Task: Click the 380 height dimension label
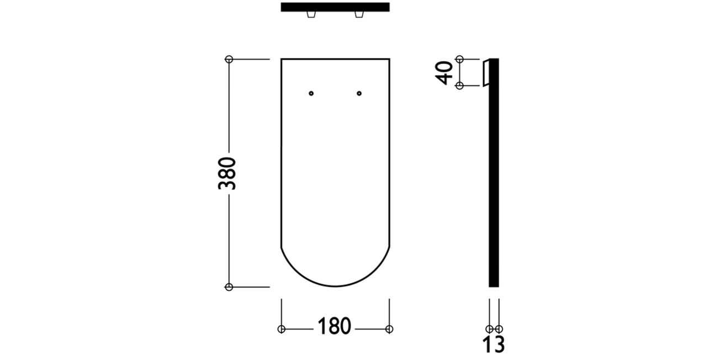click(x=227, y=173)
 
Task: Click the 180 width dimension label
click(x=334, y=326)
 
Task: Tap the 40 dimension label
click(x=444, y=73)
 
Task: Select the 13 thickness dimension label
click(x=494, y=344)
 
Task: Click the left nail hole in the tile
click(x=311, y=93)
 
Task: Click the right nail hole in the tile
click(x=359, y=93)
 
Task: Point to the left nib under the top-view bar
click(x=311, y=14)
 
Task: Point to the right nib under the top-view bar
click(x=359, y=14)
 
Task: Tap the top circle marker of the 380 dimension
click(x=229, y=59)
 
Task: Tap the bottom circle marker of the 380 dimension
click(x=229, y=287)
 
